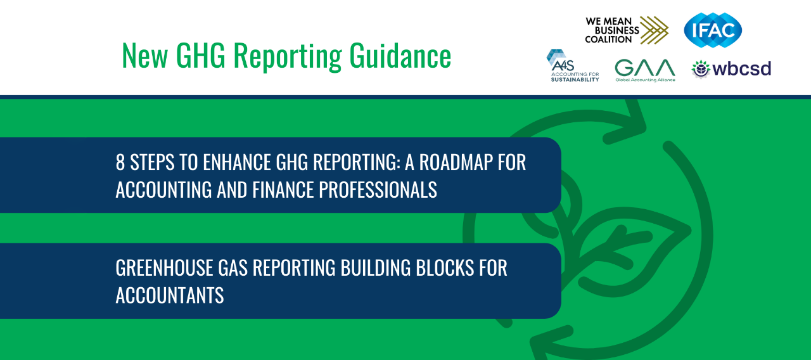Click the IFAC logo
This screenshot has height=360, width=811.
[x=713, y=30]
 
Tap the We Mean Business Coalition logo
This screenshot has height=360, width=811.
[x=627, y=30]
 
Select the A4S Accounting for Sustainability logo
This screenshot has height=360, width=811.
[x=573, y=65]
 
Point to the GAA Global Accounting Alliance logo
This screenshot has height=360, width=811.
[x=645, y=70]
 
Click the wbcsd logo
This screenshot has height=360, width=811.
[x=731, y=69]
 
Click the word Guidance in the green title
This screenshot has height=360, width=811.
[x=400, y=56]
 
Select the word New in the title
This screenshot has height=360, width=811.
[x=145, y=56]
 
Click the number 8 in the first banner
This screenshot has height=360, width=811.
[x=120, y=162]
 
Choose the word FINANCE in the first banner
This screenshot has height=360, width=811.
[x=283, y=190]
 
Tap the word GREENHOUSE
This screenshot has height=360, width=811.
[x=164, y=268]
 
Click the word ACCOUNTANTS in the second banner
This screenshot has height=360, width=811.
[x=170, y=295]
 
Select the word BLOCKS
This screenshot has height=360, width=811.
[x=445, y=268]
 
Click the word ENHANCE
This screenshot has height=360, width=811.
[x=237, y=162]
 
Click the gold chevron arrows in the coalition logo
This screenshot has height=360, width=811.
[x=654, y=30]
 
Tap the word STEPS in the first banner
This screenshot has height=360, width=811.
[x=153, y=162]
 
